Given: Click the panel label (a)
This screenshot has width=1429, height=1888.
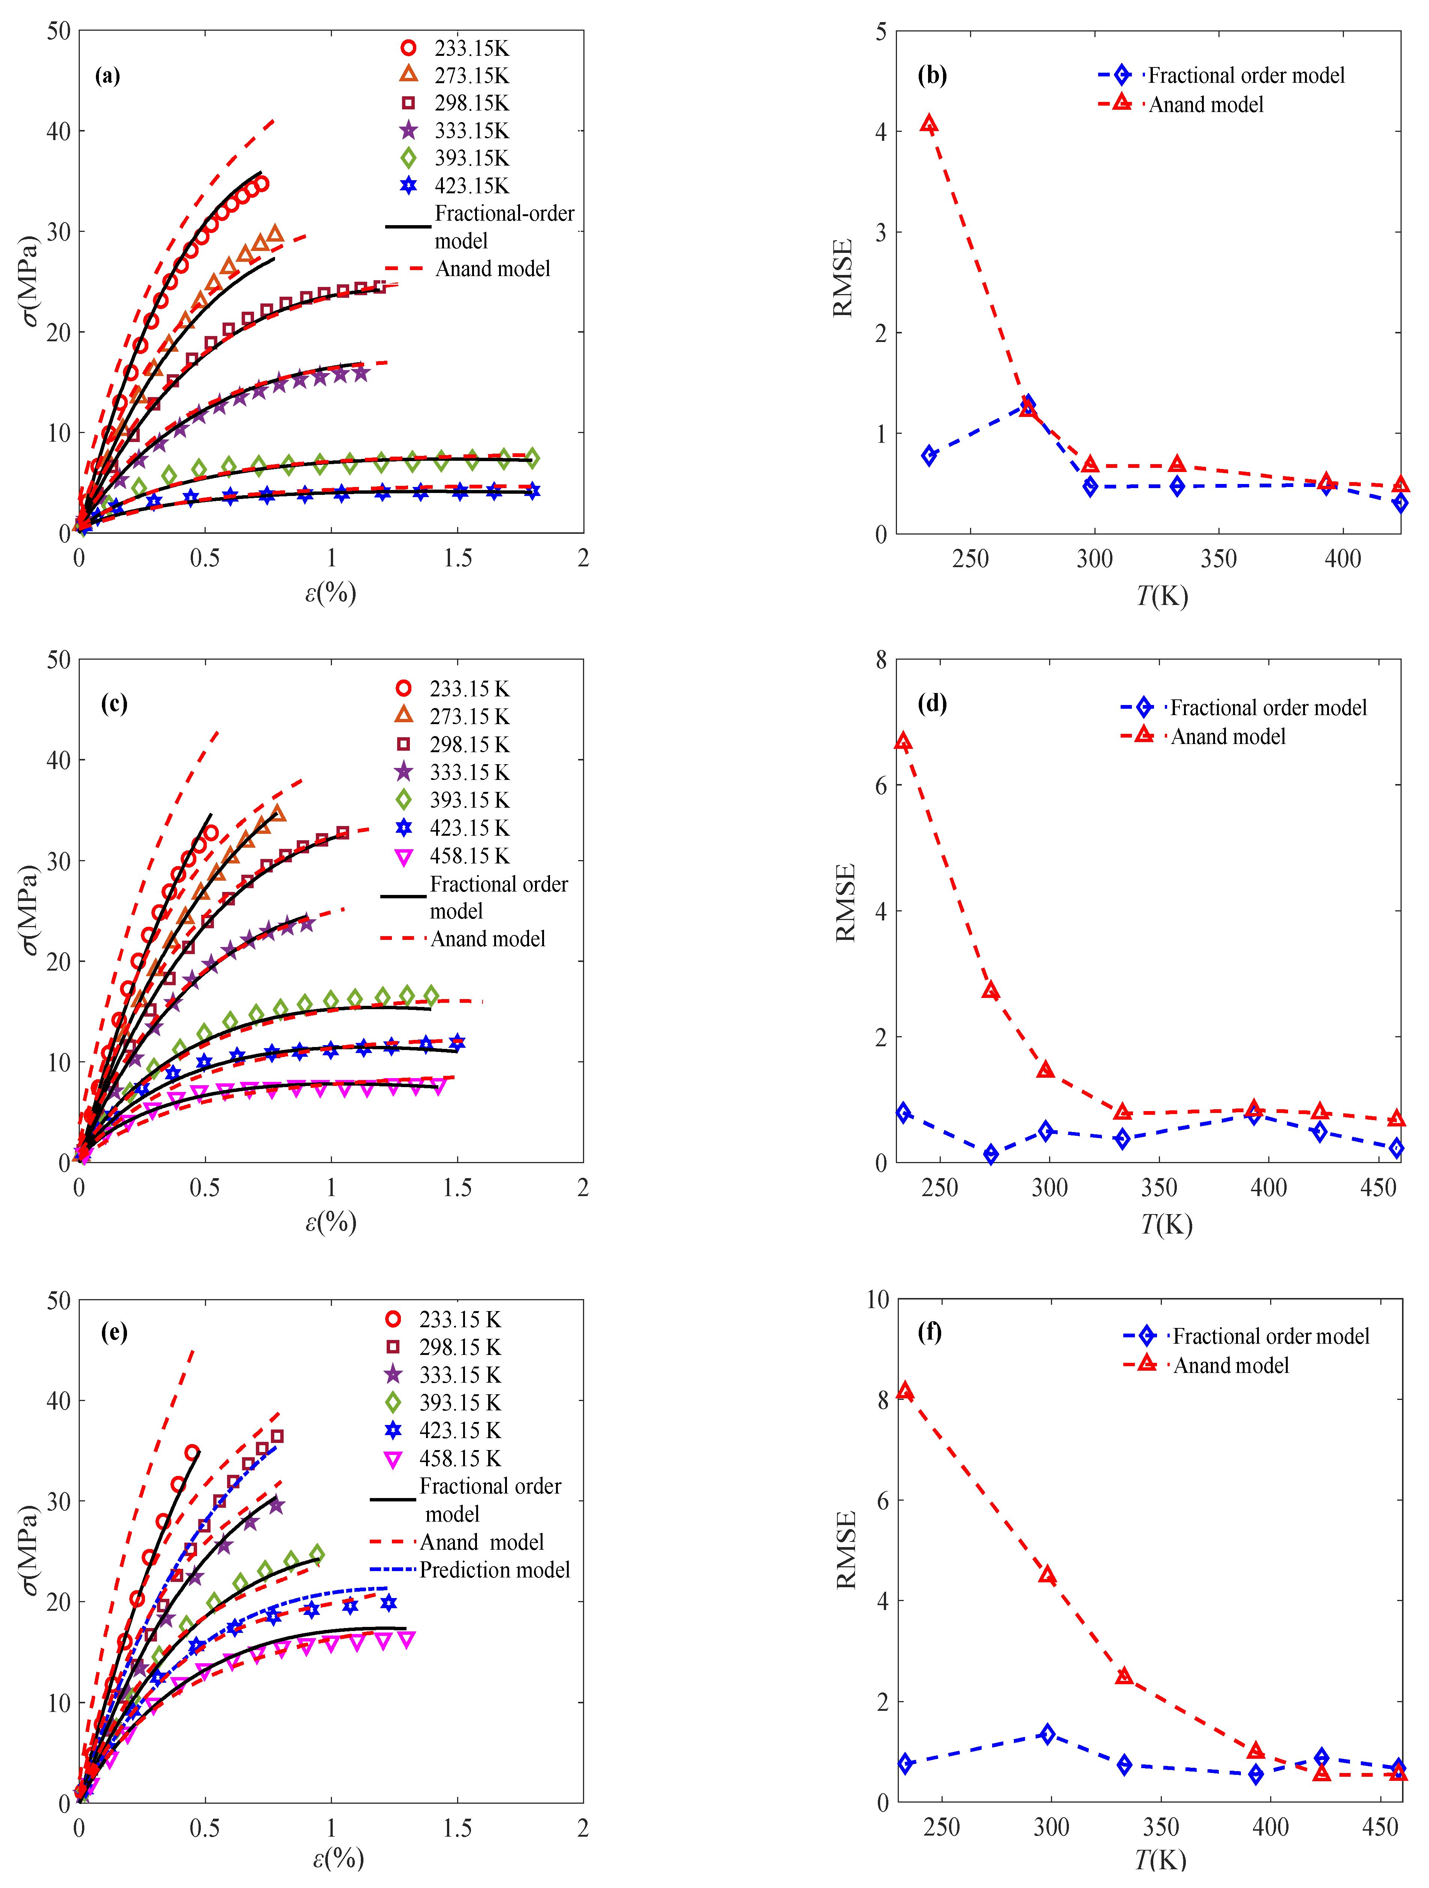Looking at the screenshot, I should click(x=108, y=76).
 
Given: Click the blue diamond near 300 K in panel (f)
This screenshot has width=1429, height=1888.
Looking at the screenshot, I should click(x=1048, y=1734).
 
